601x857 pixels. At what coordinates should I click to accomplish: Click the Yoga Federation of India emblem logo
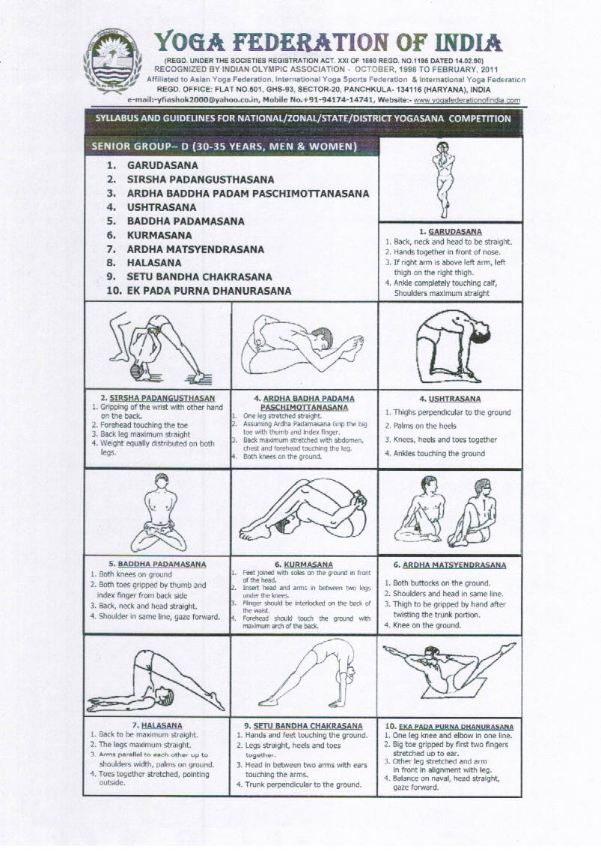pyautogui.click(x=112, y=62)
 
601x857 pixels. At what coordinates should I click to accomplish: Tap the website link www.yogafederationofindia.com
pyautogui.click(x=466, y=100)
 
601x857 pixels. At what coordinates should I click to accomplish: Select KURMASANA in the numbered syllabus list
pyautogui.click(x=159, y=236)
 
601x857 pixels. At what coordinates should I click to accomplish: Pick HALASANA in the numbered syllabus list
pyautogui.click(x=153, y=263)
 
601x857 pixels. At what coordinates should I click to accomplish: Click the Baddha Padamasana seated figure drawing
pyautogui.click(x=159, y=513)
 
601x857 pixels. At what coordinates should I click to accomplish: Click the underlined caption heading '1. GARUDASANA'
pyautogui.click(x=451, y=232)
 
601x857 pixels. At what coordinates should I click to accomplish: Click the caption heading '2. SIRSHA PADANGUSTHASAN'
pyautogui.click(x=157, y=398)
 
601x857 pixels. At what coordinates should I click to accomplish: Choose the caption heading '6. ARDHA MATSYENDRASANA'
pyautogui.click(x=450, y=565)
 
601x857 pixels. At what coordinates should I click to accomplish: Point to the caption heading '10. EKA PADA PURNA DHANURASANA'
pyautogui.click(x=449, y=726)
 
